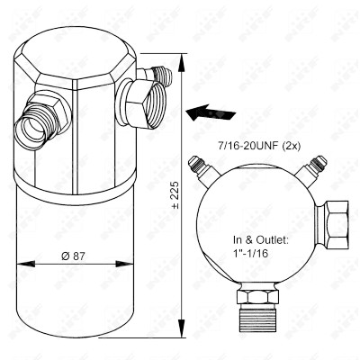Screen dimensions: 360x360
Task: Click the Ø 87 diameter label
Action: [x=73, y=256]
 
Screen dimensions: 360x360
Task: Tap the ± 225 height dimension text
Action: [x=175, y=194]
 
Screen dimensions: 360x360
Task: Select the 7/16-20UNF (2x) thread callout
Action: [x=258, y=147]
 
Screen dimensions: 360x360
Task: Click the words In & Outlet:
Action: [x=261, y=240]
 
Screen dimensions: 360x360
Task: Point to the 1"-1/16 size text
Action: [x=250, y=254]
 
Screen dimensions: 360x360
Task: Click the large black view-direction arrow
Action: [x=211, y=112]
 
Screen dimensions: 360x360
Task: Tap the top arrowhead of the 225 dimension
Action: [x=181, y=63]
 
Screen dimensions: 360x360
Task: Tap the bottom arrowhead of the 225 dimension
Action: [x=181, y=328]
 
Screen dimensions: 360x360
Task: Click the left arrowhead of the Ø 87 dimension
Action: [x=26, y=264]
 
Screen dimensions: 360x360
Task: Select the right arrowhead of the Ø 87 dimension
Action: [x=124, y=264]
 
